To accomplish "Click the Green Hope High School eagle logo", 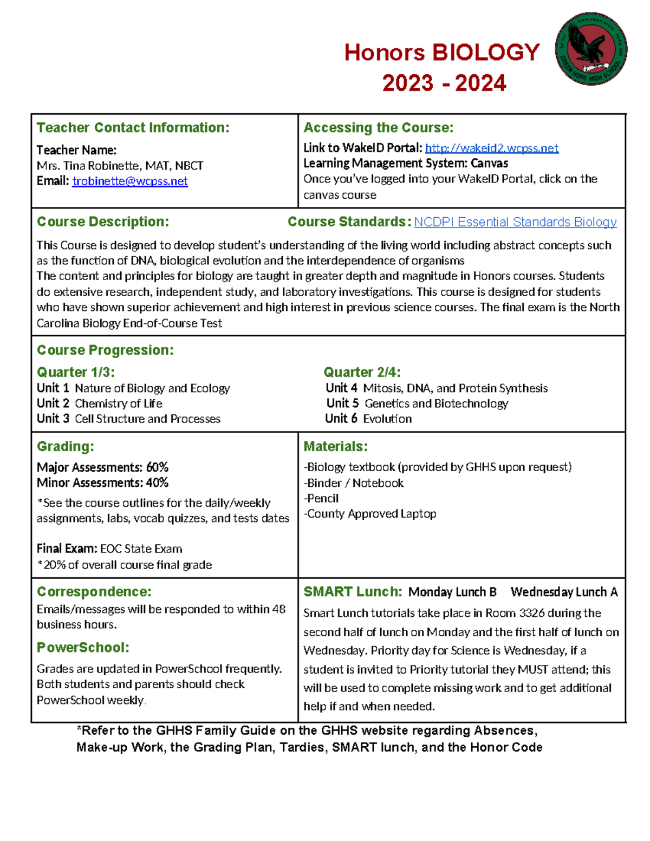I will tap(591, 49).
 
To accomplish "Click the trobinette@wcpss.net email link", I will tap(130, 181).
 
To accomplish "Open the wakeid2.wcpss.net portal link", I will tap(491, 148).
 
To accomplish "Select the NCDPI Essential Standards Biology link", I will tap(515, 222).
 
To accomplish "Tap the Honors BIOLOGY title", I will tap(441, 53).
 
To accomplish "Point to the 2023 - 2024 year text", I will tap(444, 83).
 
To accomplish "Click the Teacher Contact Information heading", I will tap(133, 128).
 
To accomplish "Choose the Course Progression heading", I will tap(105, 350).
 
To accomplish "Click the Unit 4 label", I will tap(341, 388).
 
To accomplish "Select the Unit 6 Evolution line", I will tap(368, 419).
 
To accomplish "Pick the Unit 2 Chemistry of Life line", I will tap(100, 404).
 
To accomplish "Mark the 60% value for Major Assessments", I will tap(157, 467).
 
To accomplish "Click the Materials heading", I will tap(335, 447).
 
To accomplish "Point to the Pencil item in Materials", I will tap(323, 499).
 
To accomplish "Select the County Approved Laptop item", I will tap(371, 514).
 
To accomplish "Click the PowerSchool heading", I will tap(83, 648).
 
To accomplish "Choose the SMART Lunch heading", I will tap(353, 592).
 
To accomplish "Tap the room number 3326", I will tap(532, 614).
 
